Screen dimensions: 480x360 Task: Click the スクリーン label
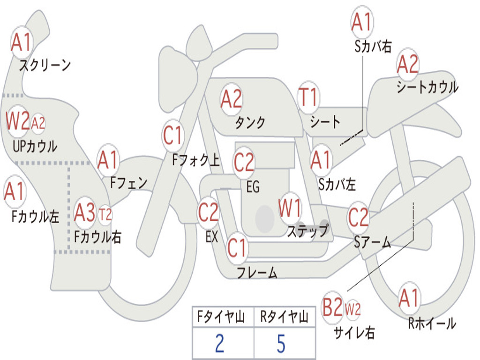pos(45,65)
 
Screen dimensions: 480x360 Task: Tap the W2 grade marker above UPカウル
pos(17,121)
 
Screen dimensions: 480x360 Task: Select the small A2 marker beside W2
pos(38,123)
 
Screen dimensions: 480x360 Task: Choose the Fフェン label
pos(129,183)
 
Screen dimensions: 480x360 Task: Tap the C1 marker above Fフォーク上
pos(172,135)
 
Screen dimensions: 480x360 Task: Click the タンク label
pos(250,122)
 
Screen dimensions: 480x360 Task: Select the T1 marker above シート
pos(308,97)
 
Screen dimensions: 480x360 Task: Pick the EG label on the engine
pos(253,187)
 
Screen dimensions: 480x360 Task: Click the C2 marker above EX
pos(208,212)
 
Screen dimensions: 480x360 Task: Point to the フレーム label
pos(257,272)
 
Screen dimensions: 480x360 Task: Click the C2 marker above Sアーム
pos(358,217)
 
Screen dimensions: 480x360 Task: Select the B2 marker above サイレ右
pos(332,307)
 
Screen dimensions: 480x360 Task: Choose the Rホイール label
pos(432,323)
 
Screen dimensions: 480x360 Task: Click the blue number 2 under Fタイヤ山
pos(219,343)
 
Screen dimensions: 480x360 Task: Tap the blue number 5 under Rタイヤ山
pos(281,343)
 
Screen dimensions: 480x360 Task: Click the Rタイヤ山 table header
pos(284,316)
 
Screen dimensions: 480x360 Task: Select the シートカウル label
pos(427,87)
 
